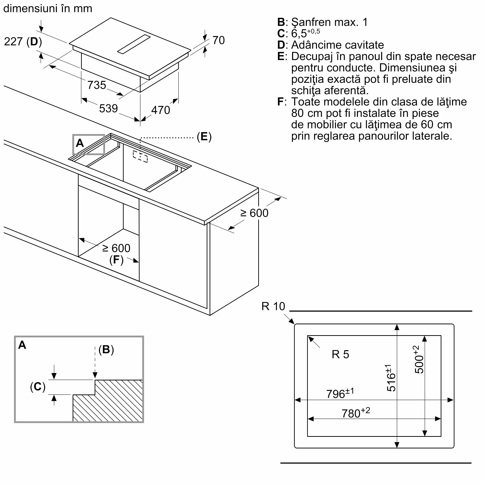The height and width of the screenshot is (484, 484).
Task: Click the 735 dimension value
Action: (97, 85)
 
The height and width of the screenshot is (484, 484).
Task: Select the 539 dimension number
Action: (108, 108)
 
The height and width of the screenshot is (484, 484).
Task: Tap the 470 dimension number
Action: (161, 110)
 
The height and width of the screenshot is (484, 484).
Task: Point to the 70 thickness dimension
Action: (219, 40)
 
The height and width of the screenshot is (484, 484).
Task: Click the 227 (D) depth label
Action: (23, 42)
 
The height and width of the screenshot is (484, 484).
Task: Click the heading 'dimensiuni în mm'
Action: (48, 8)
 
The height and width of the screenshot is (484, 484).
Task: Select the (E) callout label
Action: (204, 137)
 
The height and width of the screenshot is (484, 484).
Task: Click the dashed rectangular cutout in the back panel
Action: (140, 157)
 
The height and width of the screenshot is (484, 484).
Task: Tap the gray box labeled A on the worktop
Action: (88, 144)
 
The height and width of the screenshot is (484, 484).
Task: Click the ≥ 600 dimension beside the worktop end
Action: (254, 213)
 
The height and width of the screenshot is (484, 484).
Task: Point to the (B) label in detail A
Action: (106, 349)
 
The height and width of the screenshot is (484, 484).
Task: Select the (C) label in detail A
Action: (38, 386)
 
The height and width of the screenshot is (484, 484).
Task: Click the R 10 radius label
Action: (273, 306)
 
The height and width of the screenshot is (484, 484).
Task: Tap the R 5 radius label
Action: (340, 355)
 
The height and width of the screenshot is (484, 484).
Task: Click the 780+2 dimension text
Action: (355, 413)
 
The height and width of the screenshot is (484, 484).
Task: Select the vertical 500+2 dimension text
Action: (418, 360)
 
